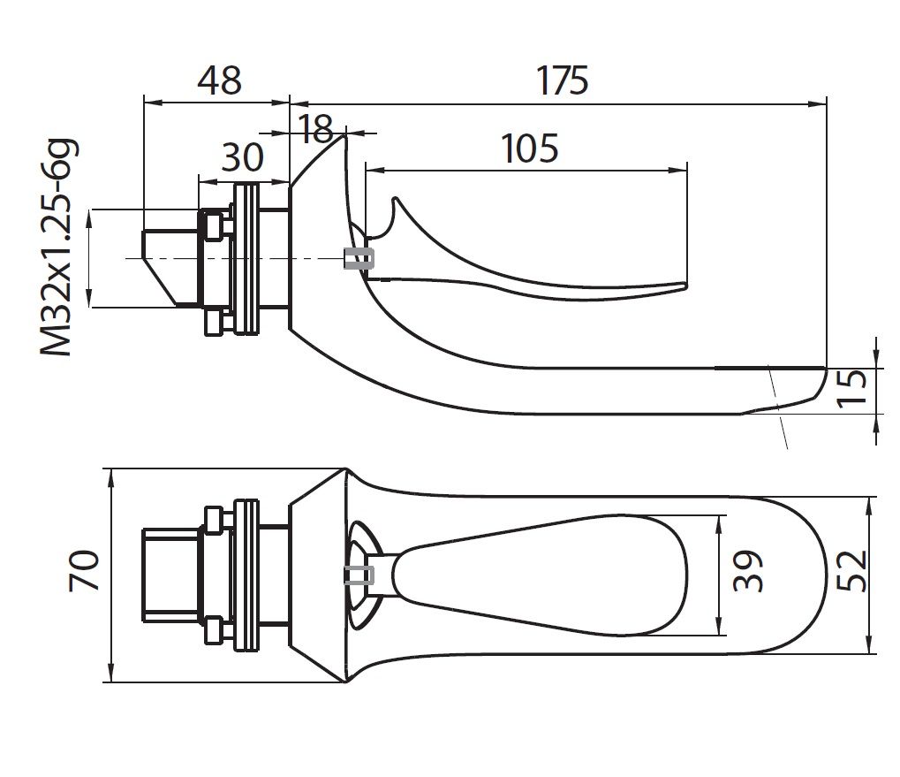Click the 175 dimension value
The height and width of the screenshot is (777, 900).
[563, 80]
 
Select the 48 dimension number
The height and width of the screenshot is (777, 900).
[219, 80]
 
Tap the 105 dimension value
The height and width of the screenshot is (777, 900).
[530, 148]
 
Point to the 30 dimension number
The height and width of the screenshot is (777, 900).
[242, 158]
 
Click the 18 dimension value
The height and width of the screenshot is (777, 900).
[316, 129]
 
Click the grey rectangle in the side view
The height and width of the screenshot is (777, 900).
[359, 258]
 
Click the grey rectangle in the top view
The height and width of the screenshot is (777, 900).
[359, 575]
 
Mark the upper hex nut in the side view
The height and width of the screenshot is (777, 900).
[213, 224]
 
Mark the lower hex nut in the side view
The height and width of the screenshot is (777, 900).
[213, 323]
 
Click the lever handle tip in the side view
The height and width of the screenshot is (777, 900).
[680, 286]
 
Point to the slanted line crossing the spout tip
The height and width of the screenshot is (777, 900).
[777, 407]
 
